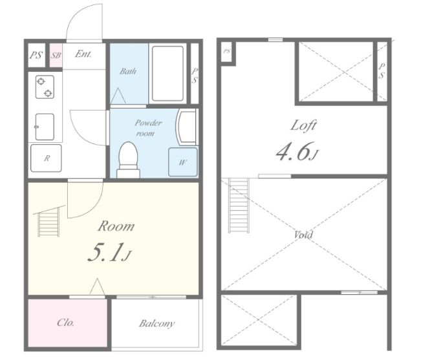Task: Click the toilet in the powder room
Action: (x=128, y=160)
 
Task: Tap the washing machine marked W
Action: (x=183, y=162)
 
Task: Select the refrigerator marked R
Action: (x=46, y=158)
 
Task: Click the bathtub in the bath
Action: (x=167, y=74)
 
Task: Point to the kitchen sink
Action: (x=45, y=127)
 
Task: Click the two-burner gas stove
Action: (x=45, y=87)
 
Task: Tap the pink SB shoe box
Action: (x=56, y=56)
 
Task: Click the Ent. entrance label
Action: (x=83, y=54)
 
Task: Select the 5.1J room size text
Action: (x=109, y=252)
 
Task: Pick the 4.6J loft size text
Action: (x=297, y=152)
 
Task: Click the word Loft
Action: (x=303, y=125)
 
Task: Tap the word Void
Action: (x=303, y=235)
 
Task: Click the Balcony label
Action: (x=157, y=323)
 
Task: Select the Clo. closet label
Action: (x=65, y=322)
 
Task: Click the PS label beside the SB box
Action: (x=36, y=56)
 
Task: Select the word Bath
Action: (x=128, y=71)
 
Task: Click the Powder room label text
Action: (x=148, y=128)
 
